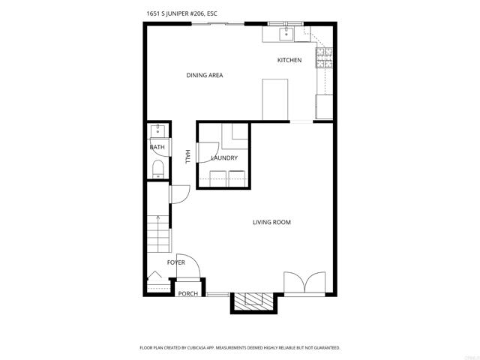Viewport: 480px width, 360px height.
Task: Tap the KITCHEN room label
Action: [289, 60]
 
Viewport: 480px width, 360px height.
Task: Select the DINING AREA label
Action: [205, 75]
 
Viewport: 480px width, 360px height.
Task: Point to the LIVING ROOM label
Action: [271, 222]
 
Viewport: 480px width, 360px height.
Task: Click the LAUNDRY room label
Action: [224, 158]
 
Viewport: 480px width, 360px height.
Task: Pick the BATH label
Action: [157, 147]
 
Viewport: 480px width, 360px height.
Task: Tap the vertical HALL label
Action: [188, 156]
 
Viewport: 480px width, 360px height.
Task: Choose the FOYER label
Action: [176, 262]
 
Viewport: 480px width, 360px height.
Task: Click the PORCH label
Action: [188, 293]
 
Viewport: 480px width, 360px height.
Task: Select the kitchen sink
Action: [286, 34]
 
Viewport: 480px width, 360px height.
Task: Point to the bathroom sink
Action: [157, 131]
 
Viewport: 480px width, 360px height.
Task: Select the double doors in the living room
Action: [304, 283]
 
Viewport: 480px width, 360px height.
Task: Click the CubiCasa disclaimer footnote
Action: [240, 348]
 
